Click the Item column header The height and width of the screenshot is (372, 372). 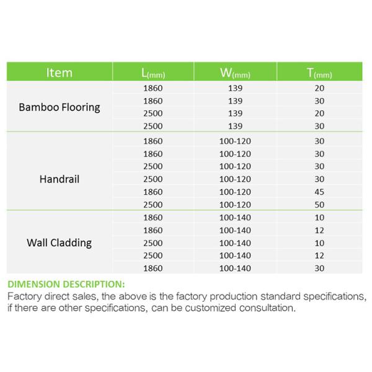point(59,73)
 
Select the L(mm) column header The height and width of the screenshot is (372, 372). point(153,73)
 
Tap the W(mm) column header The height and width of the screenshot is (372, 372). point(235,73)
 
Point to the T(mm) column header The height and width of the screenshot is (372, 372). point(319,73)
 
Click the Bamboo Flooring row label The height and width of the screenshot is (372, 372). point(60,107)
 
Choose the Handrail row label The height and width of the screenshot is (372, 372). point(60,179)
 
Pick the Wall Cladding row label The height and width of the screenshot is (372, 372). point(60,242)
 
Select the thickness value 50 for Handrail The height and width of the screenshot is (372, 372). point(319,205)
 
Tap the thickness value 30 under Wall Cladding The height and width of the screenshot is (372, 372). point(319,268)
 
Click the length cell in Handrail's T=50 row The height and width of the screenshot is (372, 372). point(153,205)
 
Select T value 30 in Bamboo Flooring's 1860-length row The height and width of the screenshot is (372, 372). point(319,101)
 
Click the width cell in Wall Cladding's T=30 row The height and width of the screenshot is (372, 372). point(235,268)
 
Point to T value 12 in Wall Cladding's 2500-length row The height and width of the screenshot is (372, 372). point(319,255)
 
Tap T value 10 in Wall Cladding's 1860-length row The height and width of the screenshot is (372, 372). point(319,218)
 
